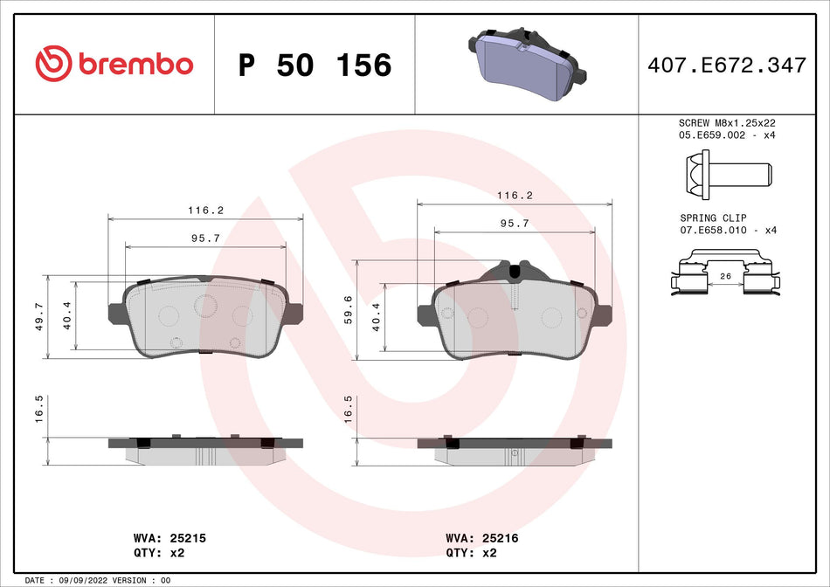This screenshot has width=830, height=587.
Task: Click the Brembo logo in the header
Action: pyautogui.click(x=114, y=64)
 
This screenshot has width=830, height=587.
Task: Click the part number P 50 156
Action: pyautogui.click(x=315, y=65)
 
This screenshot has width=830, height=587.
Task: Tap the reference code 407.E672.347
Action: pyautogui.click(x=725, y=65)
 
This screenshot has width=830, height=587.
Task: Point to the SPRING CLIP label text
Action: pyautogui.click(x=713, y=218)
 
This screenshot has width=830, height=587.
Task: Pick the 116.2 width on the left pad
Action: pyautogui.click(x=205, y=211)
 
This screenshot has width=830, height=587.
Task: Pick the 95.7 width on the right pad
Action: pyautogui.click(x=514, y=224)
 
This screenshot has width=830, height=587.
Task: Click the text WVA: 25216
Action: pyautogui.click(x=481, y=539)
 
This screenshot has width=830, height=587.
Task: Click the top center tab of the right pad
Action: pyautogui.click(x=515, y=270)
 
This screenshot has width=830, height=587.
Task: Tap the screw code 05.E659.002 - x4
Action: pyautogui.click(x=728, y=135)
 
